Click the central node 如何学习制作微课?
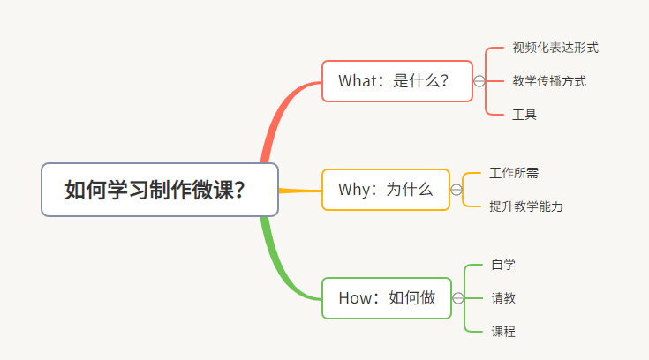tap(159, 190)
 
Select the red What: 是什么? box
tap(396, 81)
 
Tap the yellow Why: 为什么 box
tap(385, 190)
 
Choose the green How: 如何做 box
tap(386, 298)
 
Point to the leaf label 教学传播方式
tap(548, 81)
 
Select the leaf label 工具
tap(524, 115)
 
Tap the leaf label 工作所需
tap(514, 173)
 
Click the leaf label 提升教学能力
tap(526, 206)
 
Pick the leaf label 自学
tap(503, 265)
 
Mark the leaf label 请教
tap(503, 298)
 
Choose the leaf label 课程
tap(503, 332)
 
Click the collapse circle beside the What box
tap(479, 81)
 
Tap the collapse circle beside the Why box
tap(457, 190)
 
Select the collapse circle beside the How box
tap(457, 298)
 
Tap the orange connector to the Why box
tap(300, 190)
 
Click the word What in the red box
tap(358, 81)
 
